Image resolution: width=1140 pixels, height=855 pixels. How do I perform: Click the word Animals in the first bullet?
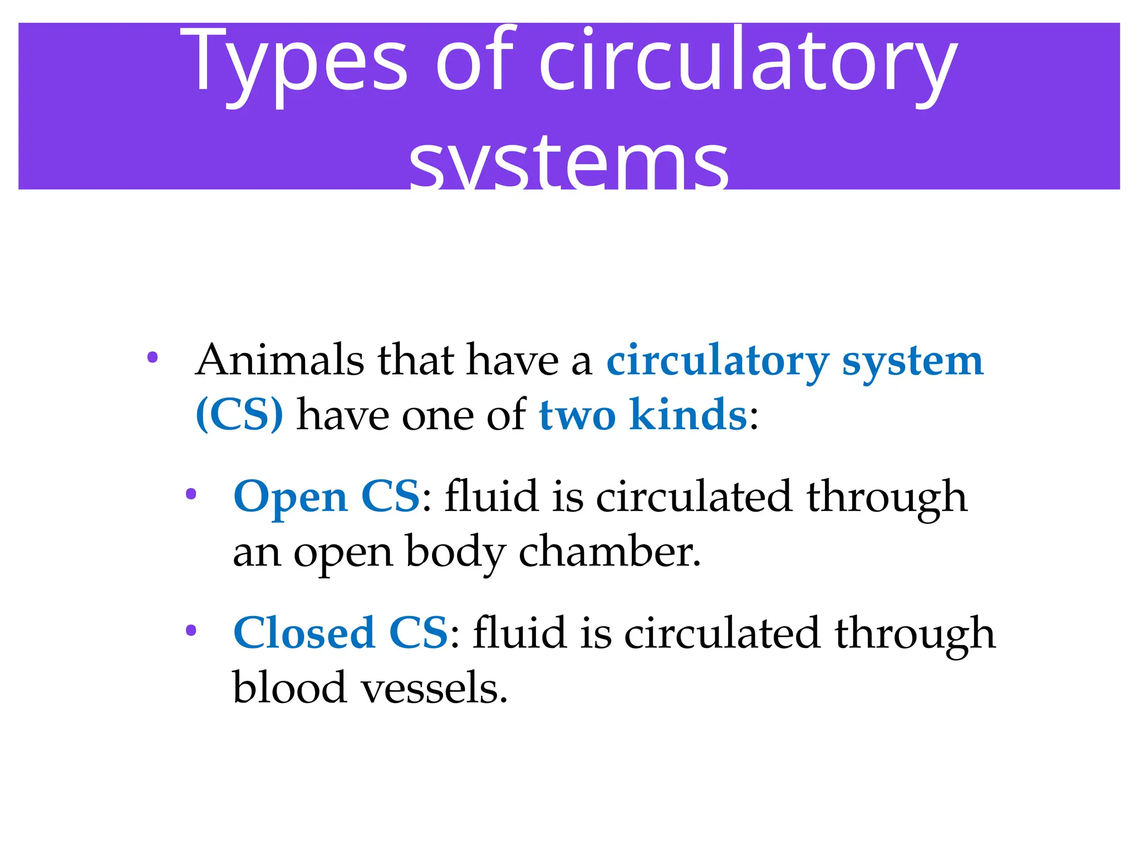point(279,360)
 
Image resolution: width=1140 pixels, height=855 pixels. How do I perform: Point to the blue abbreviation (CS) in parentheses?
point(239,415)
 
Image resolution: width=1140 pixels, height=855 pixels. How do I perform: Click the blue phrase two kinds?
point(642,415)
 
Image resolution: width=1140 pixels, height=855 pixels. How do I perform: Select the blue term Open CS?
point(326,496)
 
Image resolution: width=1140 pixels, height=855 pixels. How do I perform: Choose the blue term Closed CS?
point(340,633)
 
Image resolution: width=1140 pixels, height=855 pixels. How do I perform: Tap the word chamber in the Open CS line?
point(609,552)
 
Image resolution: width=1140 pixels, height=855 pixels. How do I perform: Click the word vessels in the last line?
point(434,688)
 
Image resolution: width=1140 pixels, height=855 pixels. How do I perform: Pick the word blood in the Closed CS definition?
point(289,687)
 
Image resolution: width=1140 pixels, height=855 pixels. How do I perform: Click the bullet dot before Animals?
point(153,357)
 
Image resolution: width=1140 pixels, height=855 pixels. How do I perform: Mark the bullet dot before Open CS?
point(191,494)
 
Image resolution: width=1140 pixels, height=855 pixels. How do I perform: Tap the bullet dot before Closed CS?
point(191,631)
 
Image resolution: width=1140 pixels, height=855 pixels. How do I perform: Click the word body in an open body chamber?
point(455,553)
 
